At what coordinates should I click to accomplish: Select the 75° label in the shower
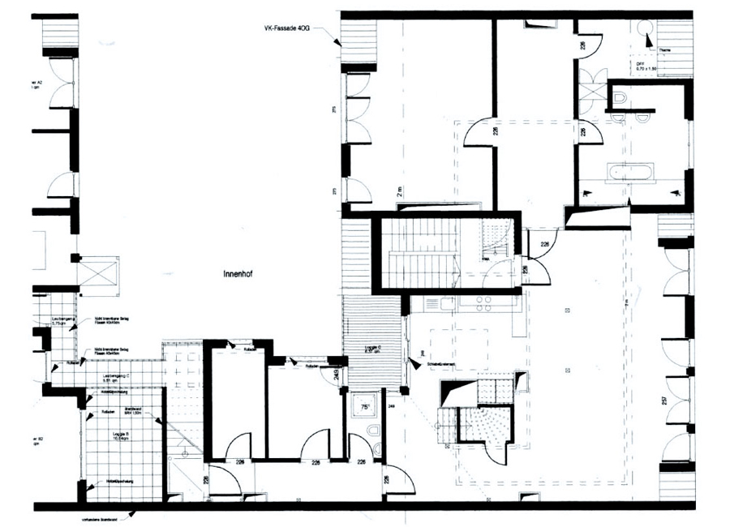(x=366, y=407)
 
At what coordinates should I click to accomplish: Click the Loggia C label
(x=372, y=350)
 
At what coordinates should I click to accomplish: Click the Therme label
(x=664, y=49)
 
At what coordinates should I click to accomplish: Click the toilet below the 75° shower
(x=374, y=430)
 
